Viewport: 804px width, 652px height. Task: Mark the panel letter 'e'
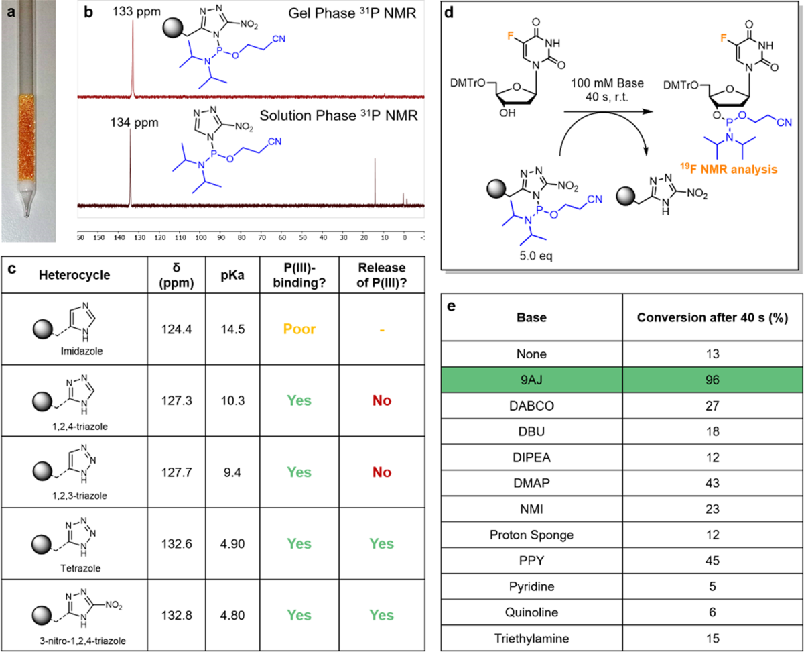point(453,306)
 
